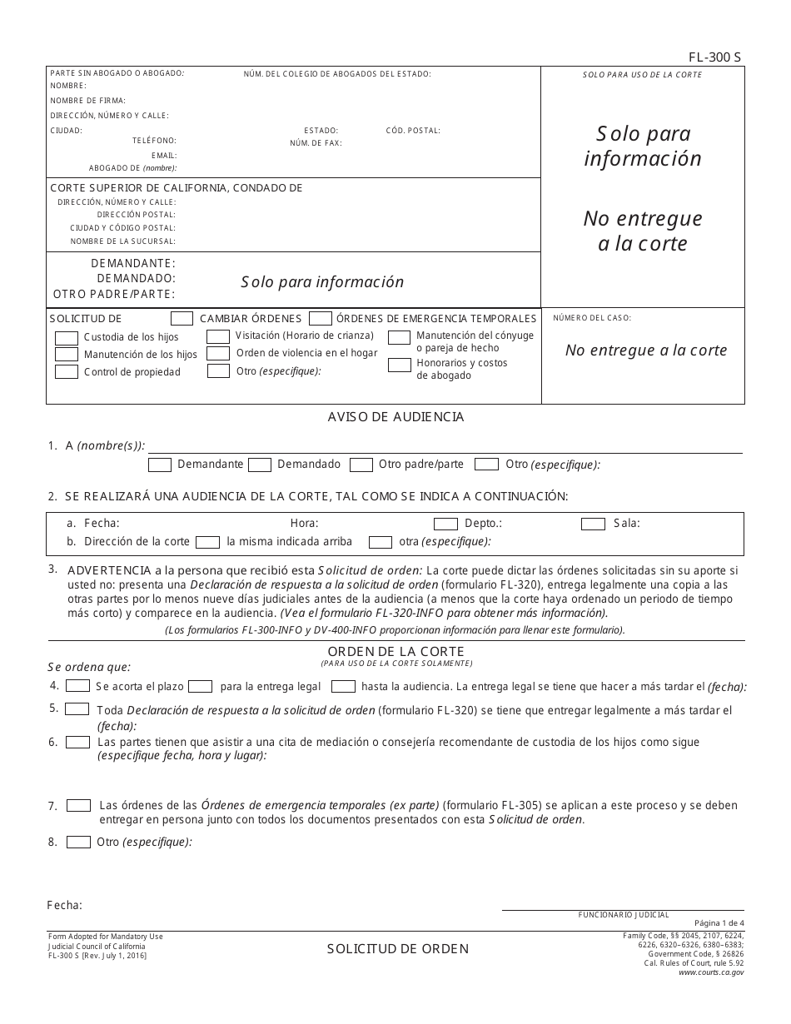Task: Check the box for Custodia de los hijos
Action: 67,338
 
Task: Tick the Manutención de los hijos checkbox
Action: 67,355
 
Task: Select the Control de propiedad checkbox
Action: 67,372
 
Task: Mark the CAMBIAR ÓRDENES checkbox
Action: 182,318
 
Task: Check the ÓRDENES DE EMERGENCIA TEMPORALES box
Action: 321,318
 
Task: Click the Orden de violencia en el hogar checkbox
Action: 218,353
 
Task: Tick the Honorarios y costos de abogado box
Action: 400,365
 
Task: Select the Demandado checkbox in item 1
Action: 260,465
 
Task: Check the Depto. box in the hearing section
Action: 445,524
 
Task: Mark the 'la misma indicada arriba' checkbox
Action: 207,542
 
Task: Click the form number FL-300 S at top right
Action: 714,57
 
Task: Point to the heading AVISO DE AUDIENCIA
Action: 395,417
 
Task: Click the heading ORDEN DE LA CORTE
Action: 395,651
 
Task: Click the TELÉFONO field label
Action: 154,141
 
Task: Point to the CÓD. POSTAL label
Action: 413,131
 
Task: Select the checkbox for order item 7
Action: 79,806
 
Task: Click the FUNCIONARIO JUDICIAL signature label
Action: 624,915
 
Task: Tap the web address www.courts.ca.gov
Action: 711,972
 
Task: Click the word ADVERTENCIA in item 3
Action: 107,571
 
